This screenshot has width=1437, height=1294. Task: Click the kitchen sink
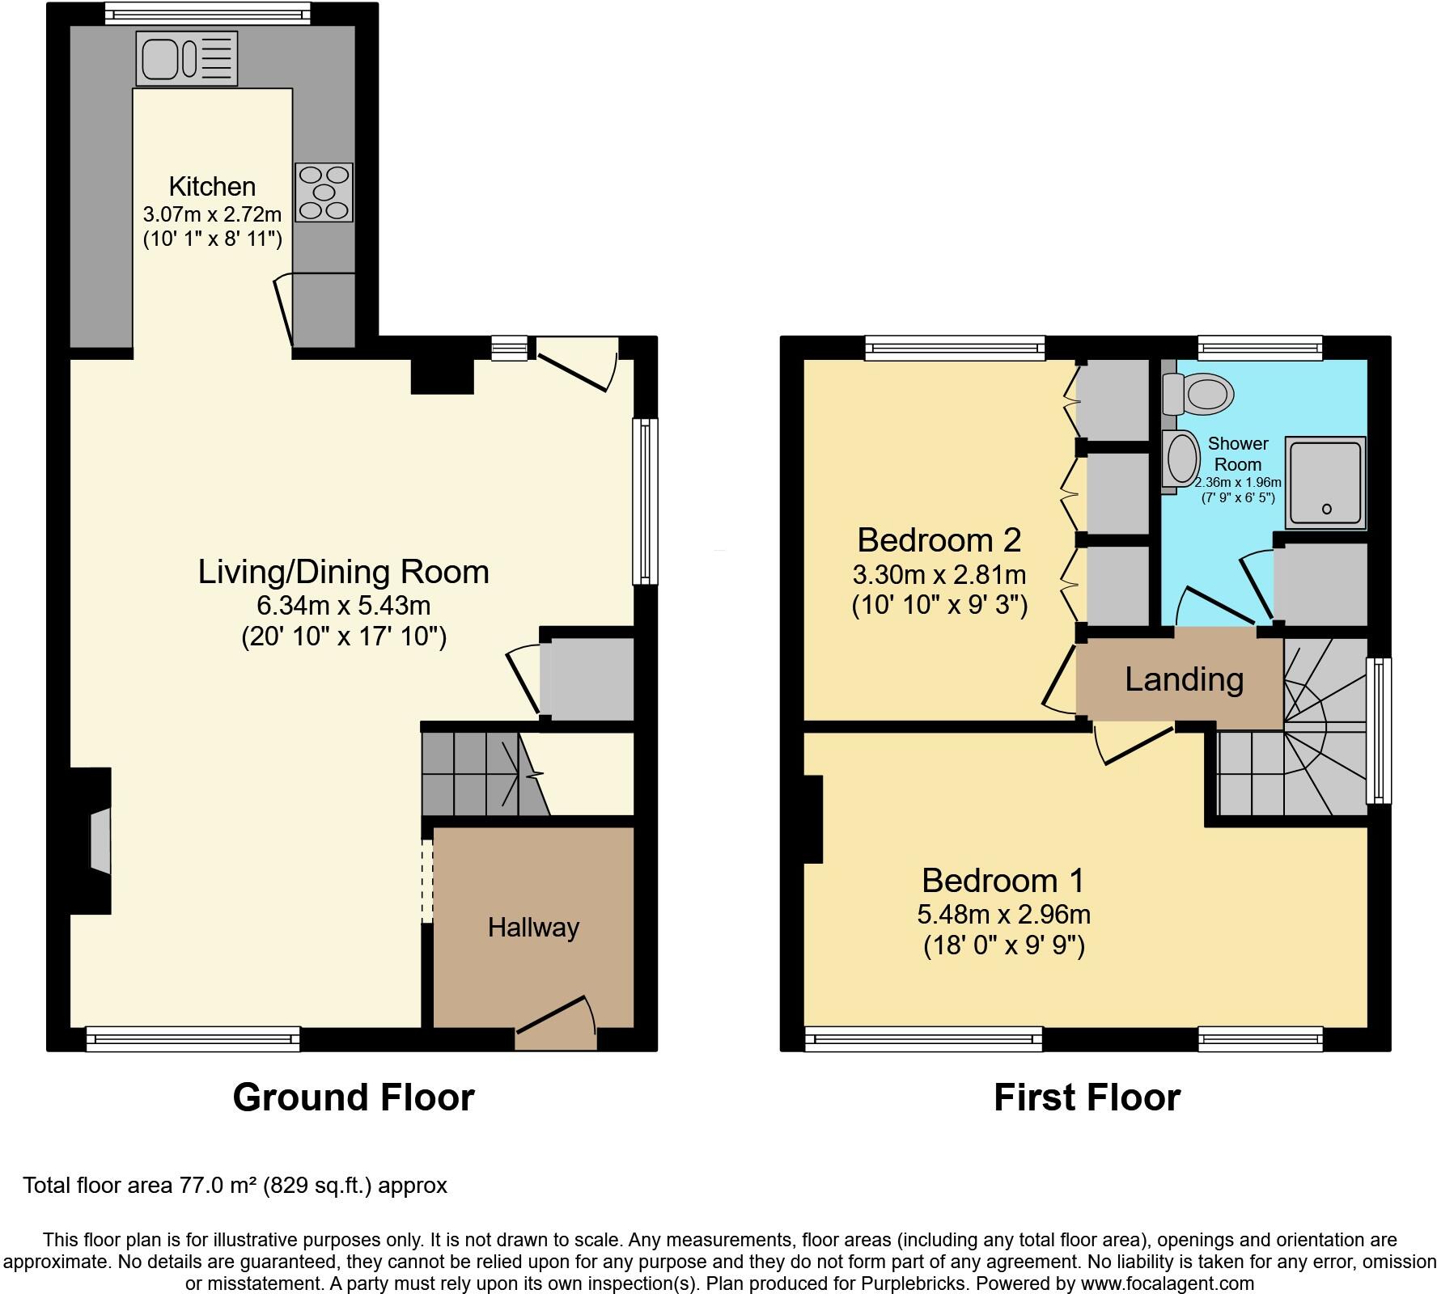(187, 57)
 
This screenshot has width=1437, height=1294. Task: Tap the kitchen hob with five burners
(324, 192)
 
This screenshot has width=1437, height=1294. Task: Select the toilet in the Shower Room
(1198, 394)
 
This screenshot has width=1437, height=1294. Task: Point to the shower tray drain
(1327, 509)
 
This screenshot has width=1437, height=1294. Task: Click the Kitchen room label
(212, 186)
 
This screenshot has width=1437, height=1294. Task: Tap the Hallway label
(533, 927)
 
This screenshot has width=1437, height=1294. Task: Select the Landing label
(1184, 679)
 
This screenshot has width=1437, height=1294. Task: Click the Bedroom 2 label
(939, 539)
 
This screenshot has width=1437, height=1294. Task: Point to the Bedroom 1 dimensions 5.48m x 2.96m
(1003, 914)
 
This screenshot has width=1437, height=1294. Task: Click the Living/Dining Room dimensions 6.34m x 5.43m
(343, 605)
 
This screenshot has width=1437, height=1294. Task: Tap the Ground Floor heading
(354, 1097)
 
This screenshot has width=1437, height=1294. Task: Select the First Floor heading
(1087, 1097)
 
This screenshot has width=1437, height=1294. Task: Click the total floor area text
(235, 1186)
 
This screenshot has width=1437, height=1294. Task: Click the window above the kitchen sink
(208, 13)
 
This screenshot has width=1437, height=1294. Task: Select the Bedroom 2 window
(955, 348)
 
